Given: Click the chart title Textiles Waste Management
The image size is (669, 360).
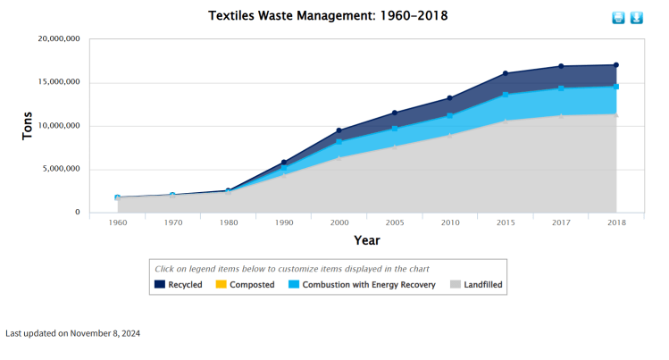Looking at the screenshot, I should coord(328,16).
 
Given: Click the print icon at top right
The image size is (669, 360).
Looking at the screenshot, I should coord(618,18).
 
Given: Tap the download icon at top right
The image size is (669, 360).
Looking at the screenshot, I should coord(637,18).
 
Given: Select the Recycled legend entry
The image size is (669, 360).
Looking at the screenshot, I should coord(179,285).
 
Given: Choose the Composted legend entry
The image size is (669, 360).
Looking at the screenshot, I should coord(245,285).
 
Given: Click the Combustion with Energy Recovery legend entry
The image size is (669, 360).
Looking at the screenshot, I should coord(362,285).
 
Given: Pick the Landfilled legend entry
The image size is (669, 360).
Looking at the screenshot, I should coord(477,285).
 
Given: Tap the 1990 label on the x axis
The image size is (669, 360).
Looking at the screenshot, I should coord(284,222).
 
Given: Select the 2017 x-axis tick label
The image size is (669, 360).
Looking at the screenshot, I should coord(561,222).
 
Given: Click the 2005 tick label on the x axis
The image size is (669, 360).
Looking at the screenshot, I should coord(395,222).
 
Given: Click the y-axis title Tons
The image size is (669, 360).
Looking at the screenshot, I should coord(28,125).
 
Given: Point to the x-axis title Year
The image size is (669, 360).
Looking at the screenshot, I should coord(366,240).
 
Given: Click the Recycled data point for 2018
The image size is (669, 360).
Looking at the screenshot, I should coord(616,65).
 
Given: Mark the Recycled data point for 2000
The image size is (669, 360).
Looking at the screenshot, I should coord(339,130).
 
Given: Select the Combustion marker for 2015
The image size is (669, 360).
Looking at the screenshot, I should coord(506,95).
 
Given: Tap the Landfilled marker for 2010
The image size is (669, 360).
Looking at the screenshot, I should coord(450,135).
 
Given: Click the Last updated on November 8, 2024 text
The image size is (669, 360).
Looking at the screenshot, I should coord(73,333).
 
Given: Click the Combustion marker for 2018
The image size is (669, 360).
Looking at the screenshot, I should coord(616,87).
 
